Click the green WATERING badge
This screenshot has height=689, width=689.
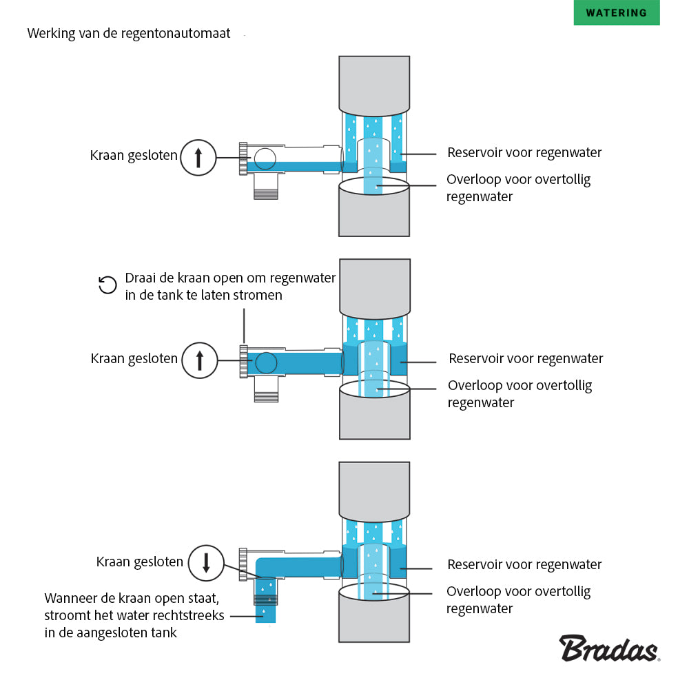click(x=616, y=13)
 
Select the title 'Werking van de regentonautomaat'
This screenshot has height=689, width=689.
click(x=129, y=33)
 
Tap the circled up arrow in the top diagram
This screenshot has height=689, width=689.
click(x=198, y=157)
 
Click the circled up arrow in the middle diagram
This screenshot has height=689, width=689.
click(x=200, y=360)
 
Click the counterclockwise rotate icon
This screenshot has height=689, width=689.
click(x=107, y=285)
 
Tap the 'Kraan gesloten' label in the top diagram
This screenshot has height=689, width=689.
click(x=134, y=156)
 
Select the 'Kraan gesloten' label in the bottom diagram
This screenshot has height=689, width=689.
click(x=140, y=562)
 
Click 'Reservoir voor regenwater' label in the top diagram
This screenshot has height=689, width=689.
click(x=524, y=152)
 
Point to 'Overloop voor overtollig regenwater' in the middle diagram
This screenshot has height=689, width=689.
click(x=520, y=394)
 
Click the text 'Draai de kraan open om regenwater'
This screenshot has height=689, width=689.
click(x=230, y=278)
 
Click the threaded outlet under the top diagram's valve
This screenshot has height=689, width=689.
click(x=266, y=187)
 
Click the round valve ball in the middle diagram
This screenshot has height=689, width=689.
click(x=266, y=362)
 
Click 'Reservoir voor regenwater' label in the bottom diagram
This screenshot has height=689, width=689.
click(x=524, y=565)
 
